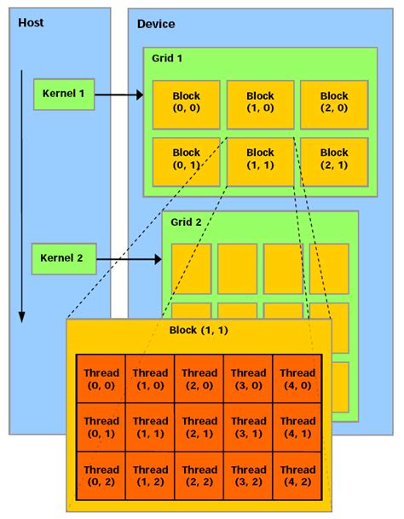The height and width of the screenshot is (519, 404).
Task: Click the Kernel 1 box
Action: [x=64, y=94]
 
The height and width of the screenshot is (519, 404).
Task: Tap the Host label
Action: [x=31, y=22]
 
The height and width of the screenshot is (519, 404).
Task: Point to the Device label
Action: [x=156, y=23]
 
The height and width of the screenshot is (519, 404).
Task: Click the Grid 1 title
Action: [x=167, y=60]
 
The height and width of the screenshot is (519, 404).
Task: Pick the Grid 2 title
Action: [x=186, y=222]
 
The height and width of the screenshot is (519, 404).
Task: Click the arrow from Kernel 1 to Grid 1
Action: [x=119, y=95]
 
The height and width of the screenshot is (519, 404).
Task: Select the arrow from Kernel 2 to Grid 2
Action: [x=128, y=257]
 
